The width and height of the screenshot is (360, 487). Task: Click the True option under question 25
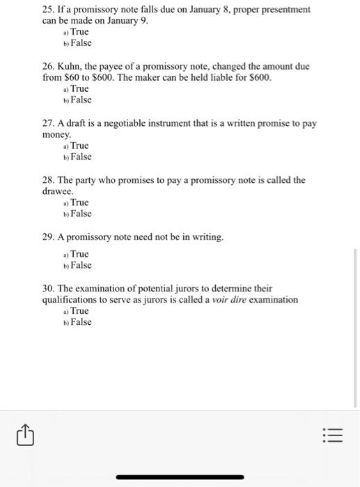79,32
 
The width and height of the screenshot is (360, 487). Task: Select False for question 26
80,100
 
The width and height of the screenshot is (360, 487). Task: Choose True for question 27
79,145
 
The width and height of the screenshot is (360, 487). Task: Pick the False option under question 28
80,214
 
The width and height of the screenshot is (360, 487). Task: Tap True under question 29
79,254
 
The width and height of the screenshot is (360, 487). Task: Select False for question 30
80,322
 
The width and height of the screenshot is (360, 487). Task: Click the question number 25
49,10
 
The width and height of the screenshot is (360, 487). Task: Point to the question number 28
49,179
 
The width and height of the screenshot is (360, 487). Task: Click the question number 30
49,288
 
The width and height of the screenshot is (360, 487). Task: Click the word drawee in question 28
57,191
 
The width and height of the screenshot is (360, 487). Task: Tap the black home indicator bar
180,477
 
